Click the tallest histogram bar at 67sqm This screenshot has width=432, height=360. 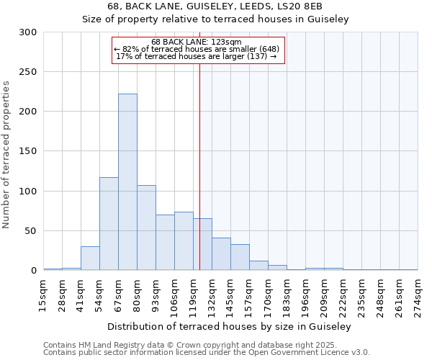click(127, 182)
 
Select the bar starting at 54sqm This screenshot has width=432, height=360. click(109, 224)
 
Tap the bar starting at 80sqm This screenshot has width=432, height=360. click(146, 228)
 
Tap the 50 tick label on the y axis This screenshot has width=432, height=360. click(30, 231)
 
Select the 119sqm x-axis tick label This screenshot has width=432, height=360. click(194, 297)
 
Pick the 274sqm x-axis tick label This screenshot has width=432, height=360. click(418, 297)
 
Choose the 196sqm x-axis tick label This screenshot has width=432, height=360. click(306, 297)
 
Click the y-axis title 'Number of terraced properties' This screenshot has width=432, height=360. click(6, 155)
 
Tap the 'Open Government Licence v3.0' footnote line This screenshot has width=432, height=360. click(207, 353)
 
